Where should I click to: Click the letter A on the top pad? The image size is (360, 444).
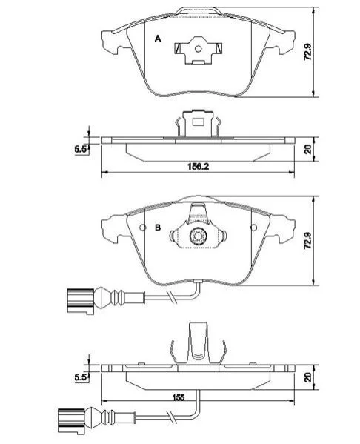[158, 39]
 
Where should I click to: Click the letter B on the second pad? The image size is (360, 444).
[158, 228]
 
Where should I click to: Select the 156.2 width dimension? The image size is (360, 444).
[198, 167]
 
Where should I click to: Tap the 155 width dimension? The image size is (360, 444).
[179, 397]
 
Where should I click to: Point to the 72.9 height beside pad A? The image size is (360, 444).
[307, 52]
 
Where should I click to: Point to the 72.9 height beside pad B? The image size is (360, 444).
[307, 241]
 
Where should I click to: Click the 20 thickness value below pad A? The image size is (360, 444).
[308, 149]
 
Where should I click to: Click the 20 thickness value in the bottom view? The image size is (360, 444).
[308, 377]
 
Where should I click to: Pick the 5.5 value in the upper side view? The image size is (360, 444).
[81, 149]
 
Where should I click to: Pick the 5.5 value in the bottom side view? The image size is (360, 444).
[81, 377]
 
